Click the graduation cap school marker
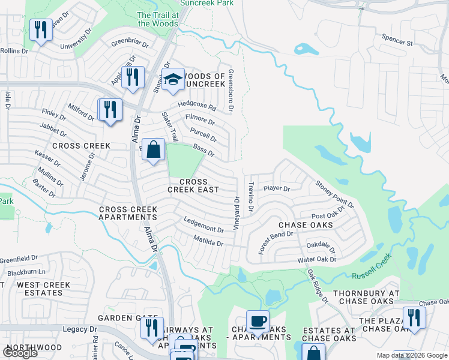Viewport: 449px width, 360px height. tap(173, 79)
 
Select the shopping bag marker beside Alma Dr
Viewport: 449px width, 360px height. tap(154, 150)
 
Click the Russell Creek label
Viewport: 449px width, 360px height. tap(372, 265)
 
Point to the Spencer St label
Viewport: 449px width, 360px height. tap(397, 40)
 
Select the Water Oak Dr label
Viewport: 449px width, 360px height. tap(318, 260)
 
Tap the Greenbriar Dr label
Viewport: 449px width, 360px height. tap(129, 43)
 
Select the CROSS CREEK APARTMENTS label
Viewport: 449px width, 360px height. tap(128, 213)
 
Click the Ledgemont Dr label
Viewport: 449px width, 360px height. tap(203, 224)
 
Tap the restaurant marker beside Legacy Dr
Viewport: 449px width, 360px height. tap(151, 328)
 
